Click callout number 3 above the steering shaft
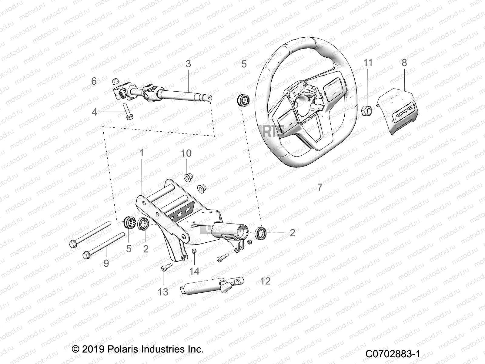[188, 64]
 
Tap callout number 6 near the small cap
[94, 81]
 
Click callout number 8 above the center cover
[404, 63]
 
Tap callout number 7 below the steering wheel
[320, 187]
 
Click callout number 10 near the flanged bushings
[186, 153]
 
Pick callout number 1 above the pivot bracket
[141, 153]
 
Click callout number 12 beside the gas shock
[265, 281]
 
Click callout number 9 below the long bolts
[106, 263]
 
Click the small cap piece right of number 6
[115, 81]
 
